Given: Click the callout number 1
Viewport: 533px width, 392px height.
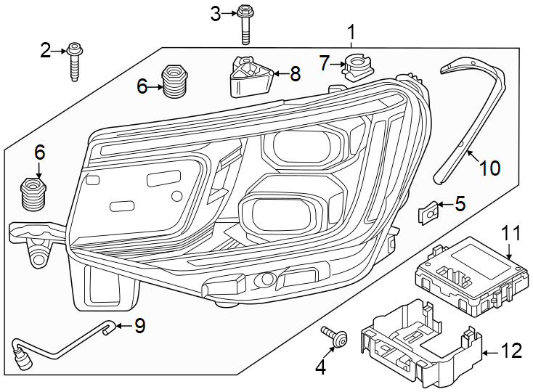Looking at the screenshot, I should (x=351, y=32).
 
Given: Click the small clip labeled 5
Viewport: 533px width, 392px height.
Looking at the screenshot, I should (x=429, y=213).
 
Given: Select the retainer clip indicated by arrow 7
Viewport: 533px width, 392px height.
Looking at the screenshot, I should (x=355, y=65).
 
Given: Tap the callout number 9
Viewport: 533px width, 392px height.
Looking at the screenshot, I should (x=140, y=327).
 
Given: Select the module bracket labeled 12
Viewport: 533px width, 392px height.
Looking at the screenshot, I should (x=418, y=341).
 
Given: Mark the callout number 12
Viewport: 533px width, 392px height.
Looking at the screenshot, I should (x=512, y=351).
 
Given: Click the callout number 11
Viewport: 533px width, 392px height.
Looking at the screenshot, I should (x=511, y=233).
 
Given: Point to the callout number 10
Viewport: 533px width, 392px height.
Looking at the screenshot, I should (x=490, y=168).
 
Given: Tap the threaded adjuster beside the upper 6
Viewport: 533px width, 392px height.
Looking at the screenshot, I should (x=173, y=81).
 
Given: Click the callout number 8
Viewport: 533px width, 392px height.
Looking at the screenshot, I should (x=295, y=73).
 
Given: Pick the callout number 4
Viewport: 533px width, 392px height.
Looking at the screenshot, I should (x=321, y=368).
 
